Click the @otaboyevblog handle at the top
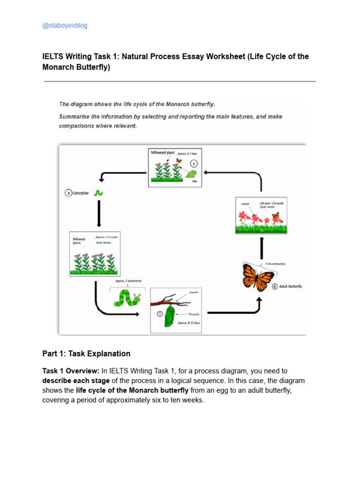click(65, 25)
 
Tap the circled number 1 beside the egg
click(194, 164)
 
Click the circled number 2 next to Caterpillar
click(68, 193)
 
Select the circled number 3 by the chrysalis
click(160, 314)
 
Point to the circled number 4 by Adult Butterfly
click(275, 286)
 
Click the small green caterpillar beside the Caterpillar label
click(98, 193)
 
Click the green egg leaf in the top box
click(191, 174)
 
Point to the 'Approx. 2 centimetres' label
click(128, 281)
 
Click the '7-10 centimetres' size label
click(275, 264)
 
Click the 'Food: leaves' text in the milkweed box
click(105, 243)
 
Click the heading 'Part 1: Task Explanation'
click(86, 354)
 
